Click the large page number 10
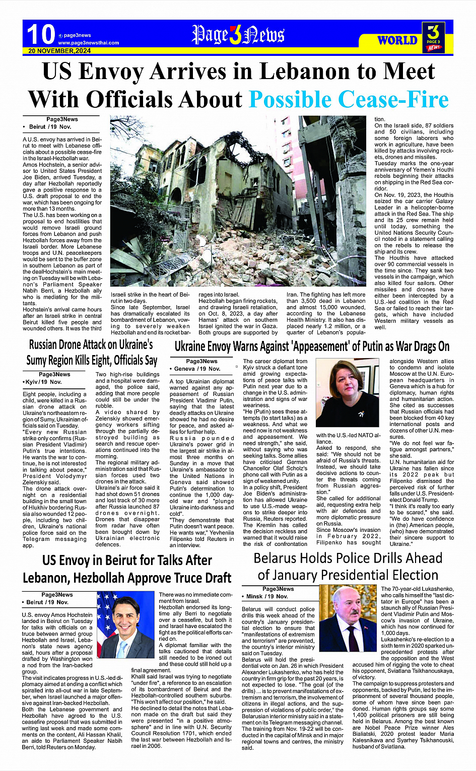coord(40,35)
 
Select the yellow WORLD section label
coord(397,40)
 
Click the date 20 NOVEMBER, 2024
coord(59,51)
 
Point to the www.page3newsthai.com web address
coord(88,43)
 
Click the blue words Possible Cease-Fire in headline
coord(349,99)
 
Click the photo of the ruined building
coord(238,201)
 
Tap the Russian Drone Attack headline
coord(92,353)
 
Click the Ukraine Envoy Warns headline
coord(312,346)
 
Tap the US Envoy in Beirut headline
coord(127,569)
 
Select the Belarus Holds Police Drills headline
coord(348,567)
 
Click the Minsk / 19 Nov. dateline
coord(267,596)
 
